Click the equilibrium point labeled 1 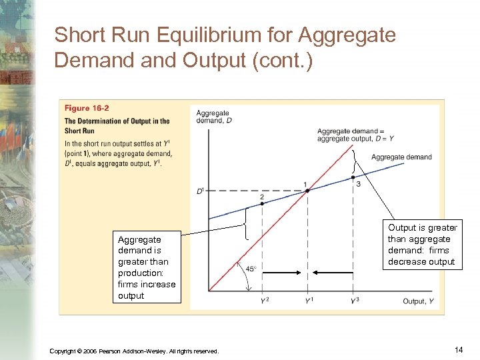307,191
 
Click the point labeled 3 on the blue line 353,177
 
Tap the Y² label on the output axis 265,301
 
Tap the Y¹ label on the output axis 309,301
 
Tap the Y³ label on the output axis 355,301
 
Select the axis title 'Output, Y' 418,301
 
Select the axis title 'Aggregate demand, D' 213,117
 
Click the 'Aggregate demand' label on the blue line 401,157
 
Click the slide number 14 458,349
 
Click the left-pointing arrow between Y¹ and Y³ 333,272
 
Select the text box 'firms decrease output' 423,245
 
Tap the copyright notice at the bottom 133,351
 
